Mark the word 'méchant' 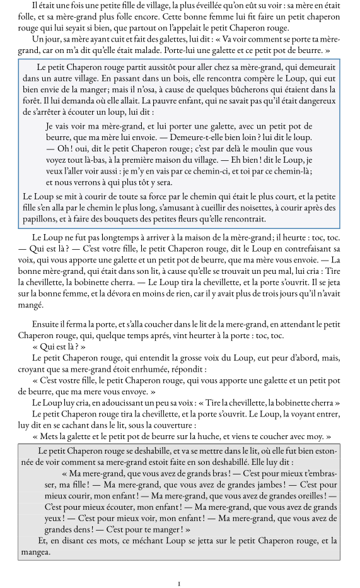[132, 541]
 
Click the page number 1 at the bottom [180, 584]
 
